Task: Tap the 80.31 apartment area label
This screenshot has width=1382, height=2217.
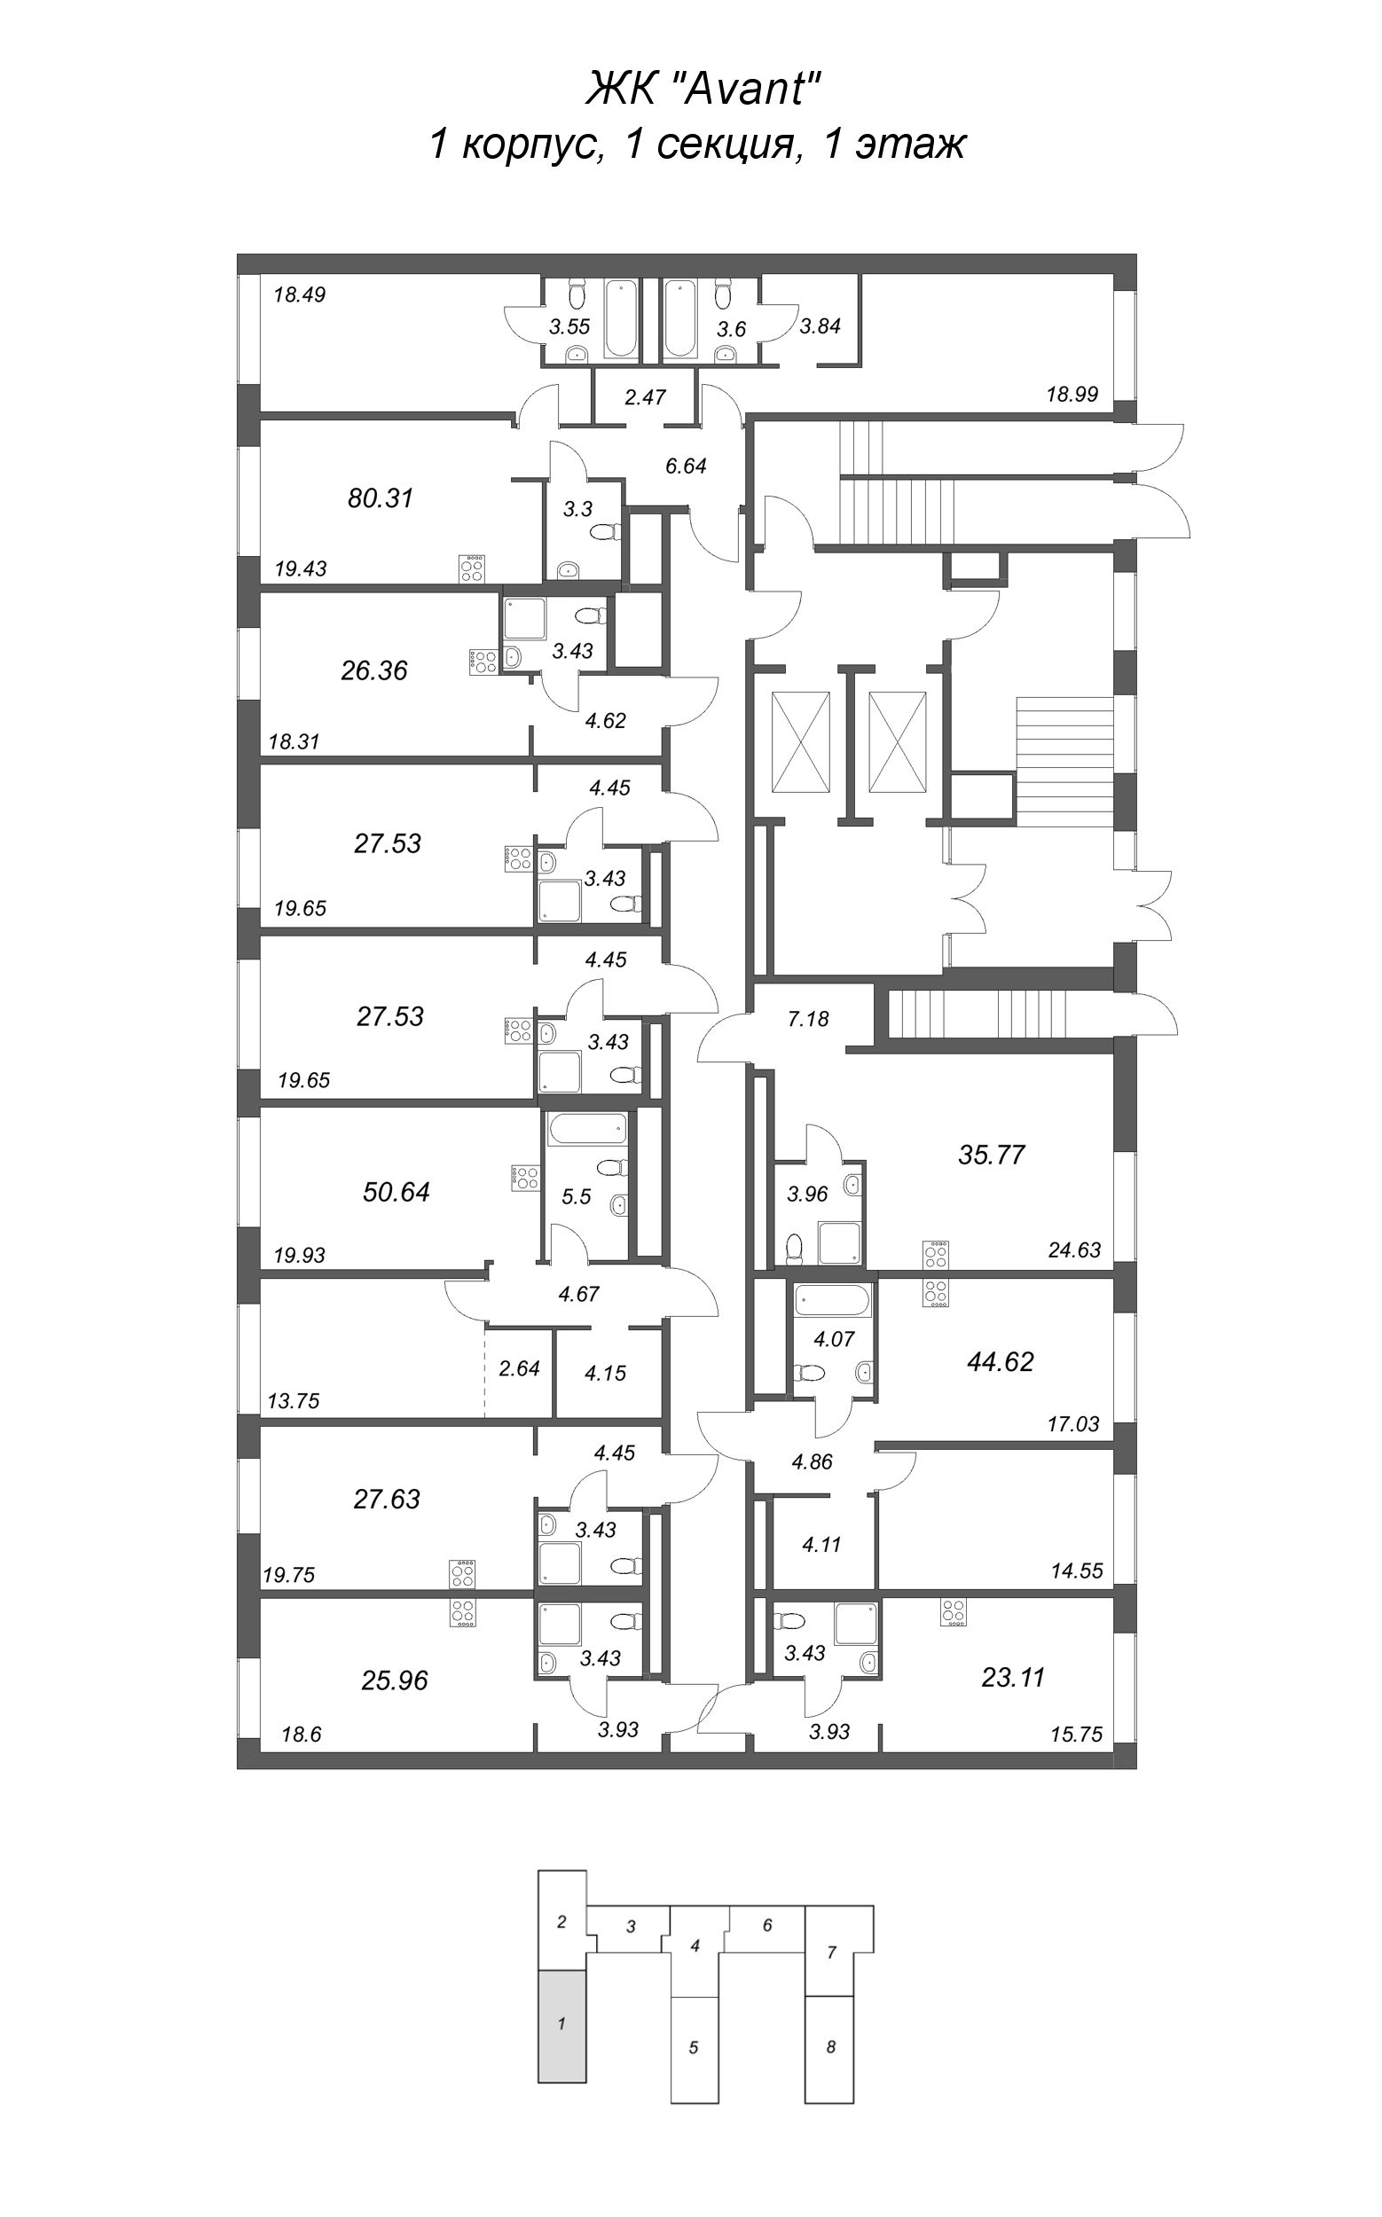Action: tap(381, 498)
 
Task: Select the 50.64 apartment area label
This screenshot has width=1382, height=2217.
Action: tap(396, 1192)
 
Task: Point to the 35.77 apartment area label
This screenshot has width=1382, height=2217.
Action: tap(991, 1155)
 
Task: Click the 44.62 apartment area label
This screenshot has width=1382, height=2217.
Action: tap(1000, 1361)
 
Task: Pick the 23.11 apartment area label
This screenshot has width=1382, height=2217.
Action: tap(1012, 1677)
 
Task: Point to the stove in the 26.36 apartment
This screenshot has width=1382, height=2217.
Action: tap(483, 661)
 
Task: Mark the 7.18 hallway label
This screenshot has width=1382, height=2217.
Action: tap(807, 1019)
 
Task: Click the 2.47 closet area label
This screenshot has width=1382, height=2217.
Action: tap(644, 397)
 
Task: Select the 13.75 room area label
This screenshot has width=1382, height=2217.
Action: tap(294, 1401)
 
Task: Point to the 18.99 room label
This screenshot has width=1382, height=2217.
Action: tap(1072, 395)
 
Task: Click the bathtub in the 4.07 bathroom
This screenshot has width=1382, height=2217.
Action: tap(833, 1298)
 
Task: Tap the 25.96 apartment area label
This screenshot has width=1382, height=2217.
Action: tap(394, 1680)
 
